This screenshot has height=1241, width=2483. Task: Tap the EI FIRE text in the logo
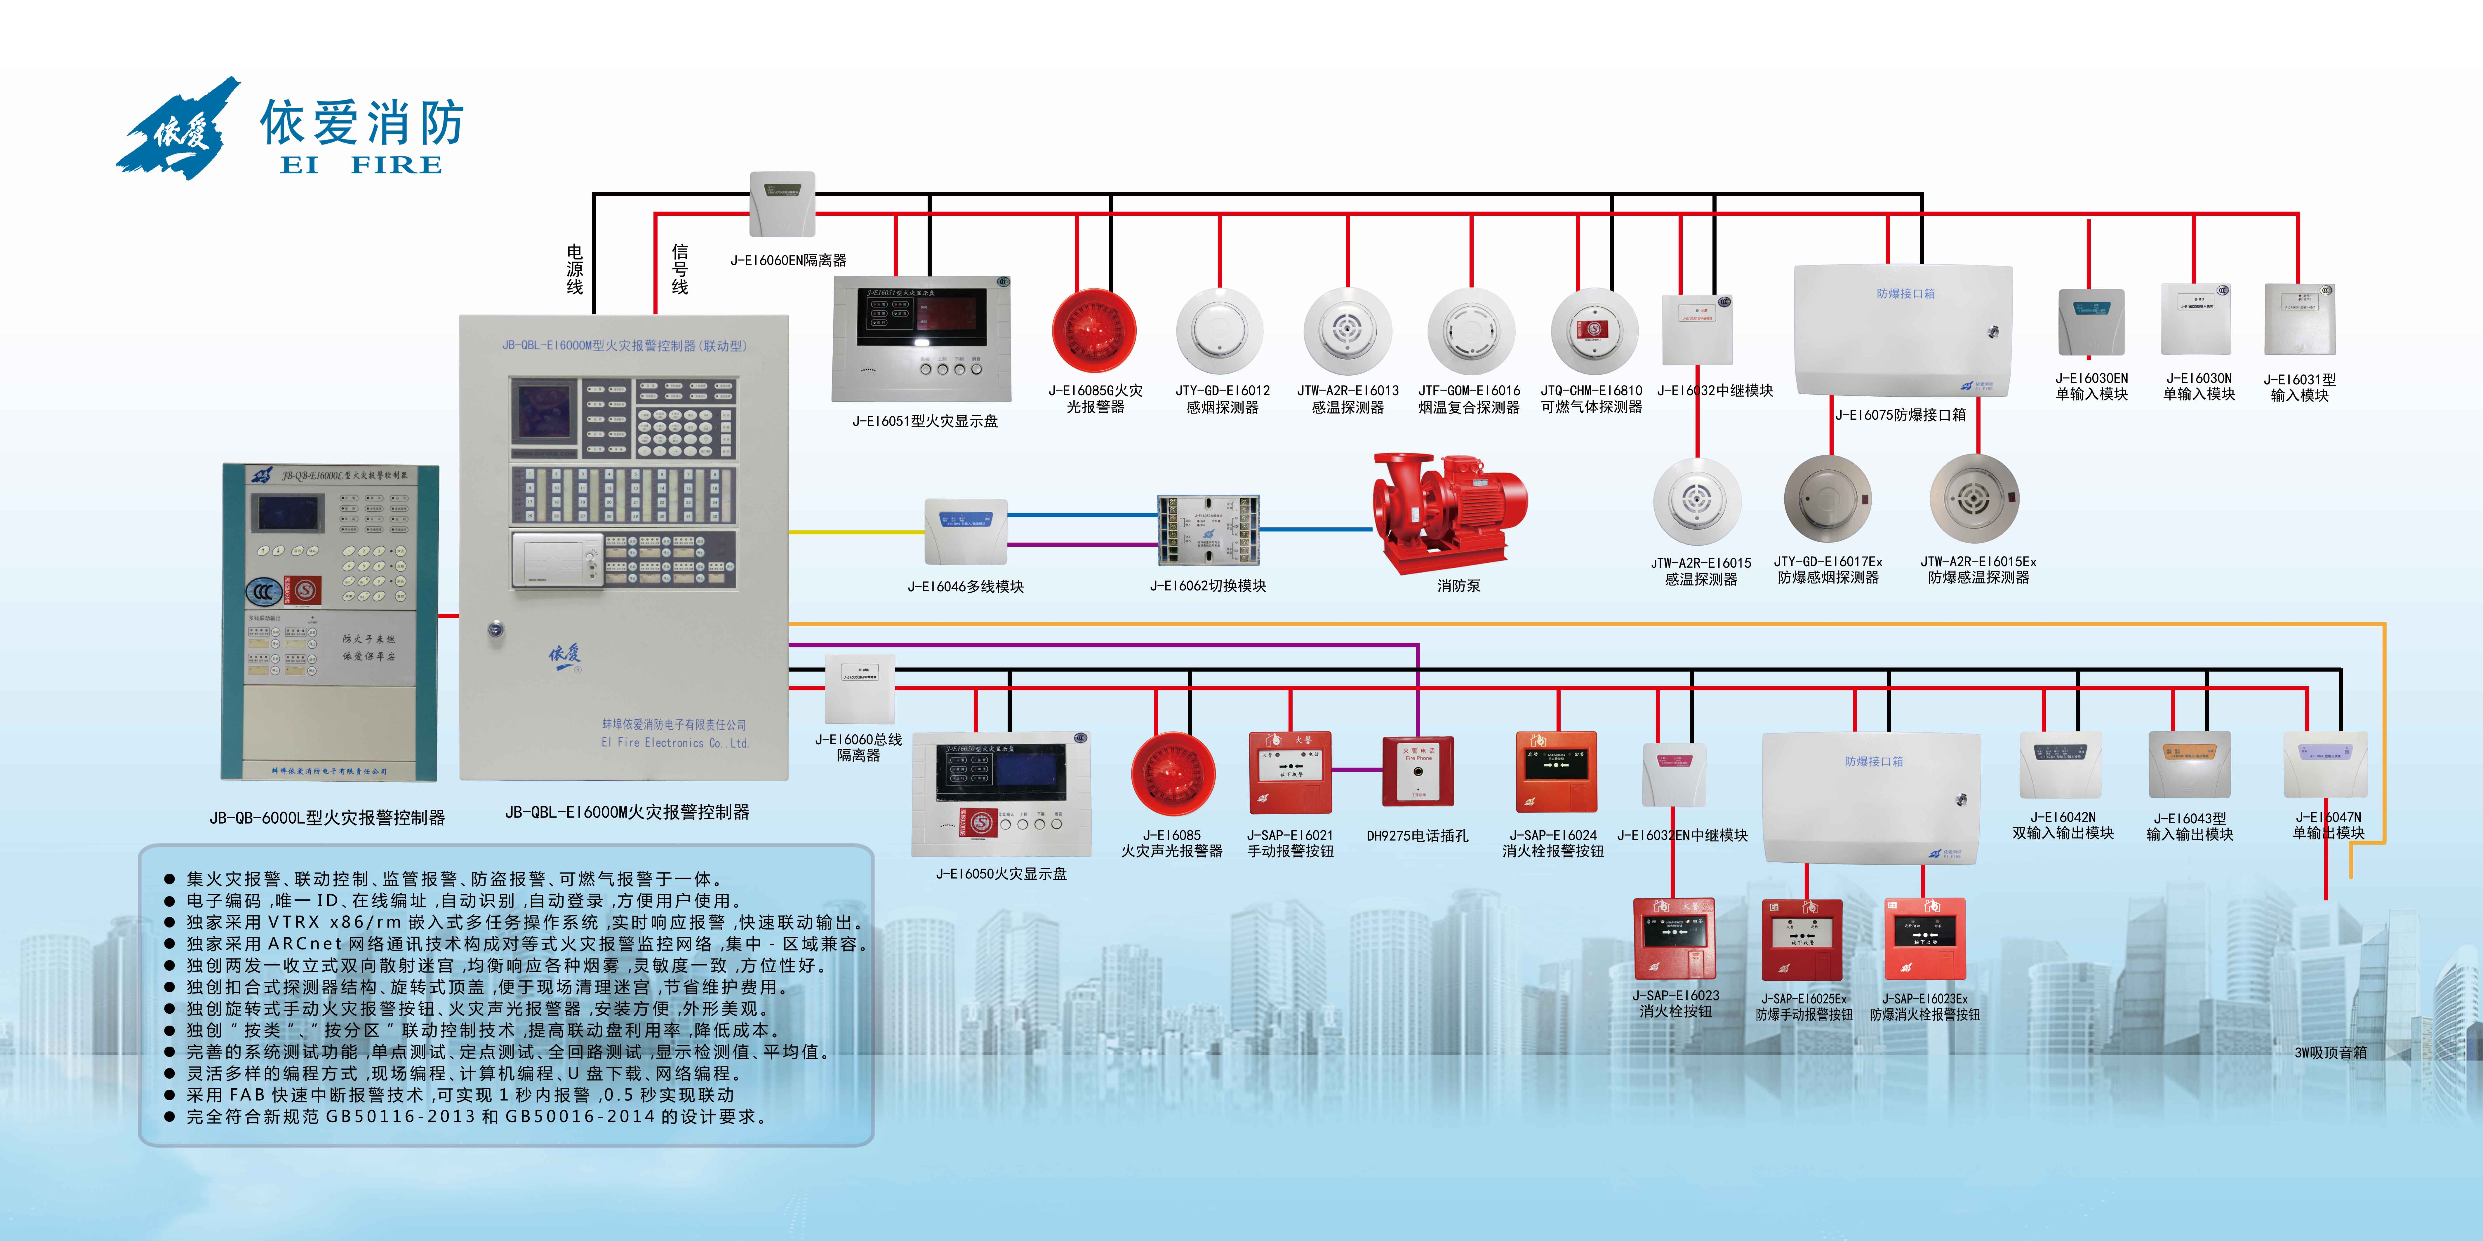click(x=361, y=165)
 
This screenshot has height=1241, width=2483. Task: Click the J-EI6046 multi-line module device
click(x=966, y=531)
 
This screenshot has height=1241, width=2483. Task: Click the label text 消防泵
click(x=1457, y=586)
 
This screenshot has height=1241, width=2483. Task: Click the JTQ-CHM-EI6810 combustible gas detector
click(x=1594, y=330)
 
